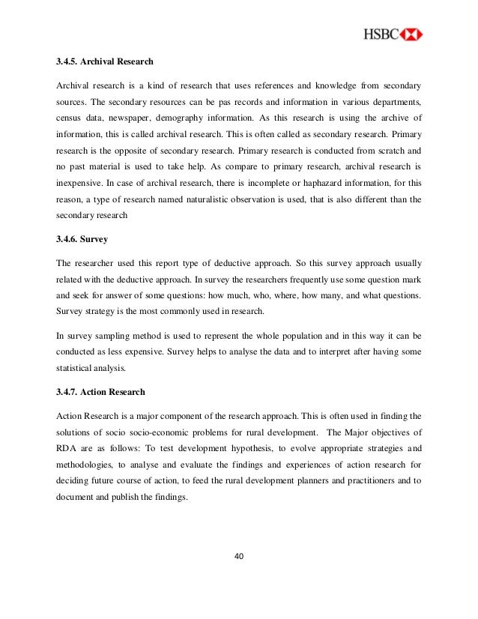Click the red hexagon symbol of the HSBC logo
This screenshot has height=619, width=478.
coord(411,34)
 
